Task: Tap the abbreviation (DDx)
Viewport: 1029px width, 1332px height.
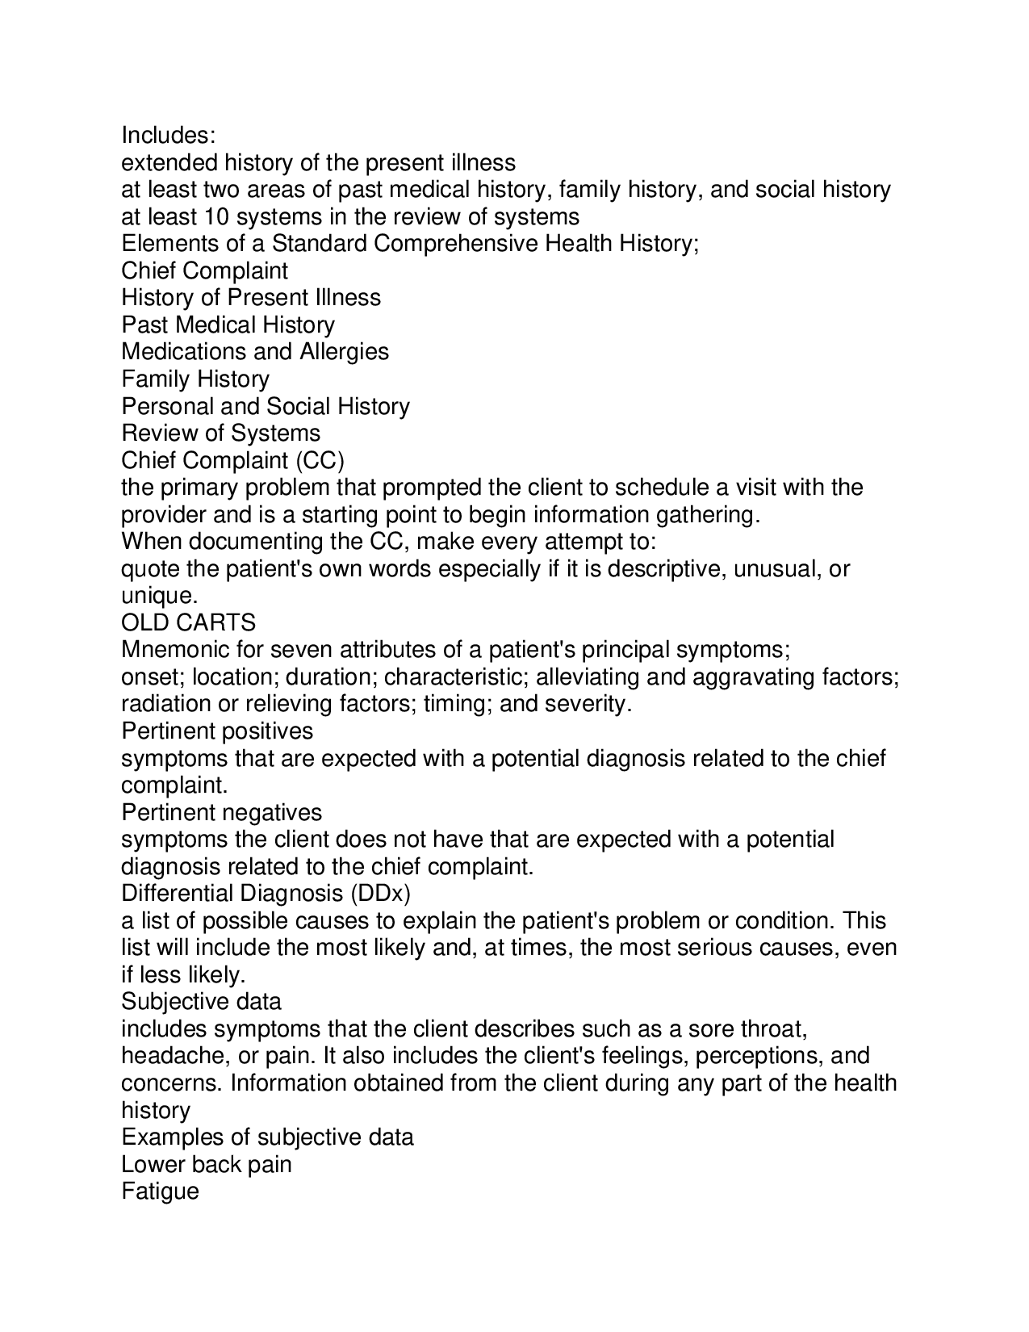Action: (380, 894)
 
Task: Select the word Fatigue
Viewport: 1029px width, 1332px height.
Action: (160, 1192)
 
